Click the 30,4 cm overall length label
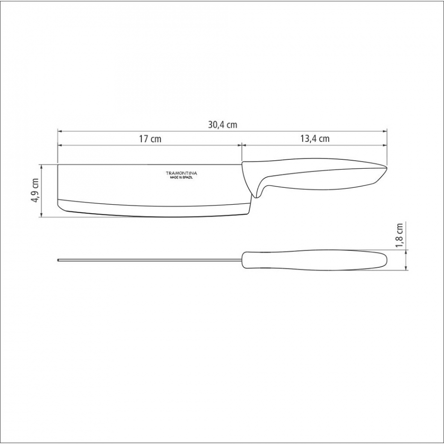click(x=222, y=125)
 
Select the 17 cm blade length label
click(x=150, y=139)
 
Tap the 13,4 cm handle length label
click(x=315, y=138)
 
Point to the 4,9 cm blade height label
click(x=35, y=190)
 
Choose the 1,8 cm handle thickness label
click(x=399, y=235)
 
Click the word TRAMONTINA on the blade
click(x=181, y=173)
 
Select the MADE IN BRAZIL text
click(x=181, y=178)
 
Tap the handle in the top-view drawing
click(x=315, y=260)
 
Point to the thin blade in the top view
click(x=150, y=260)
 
